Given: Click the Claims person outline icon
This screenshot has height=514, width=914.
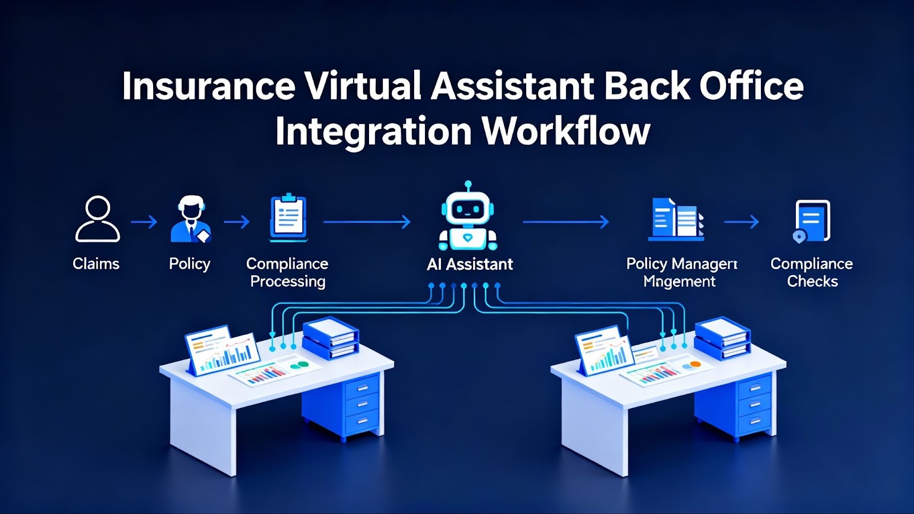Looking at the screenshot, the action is click(x=98, y=219).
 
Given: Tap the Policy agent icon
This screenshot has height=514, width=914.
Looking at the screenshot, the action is click(x=191, y=219).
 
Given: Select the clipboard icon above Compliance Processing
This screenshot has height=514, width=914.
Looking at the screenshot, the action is click(x=288, y=218).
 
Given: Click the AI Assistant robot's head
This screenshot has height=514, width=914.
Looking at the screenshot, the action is click(x=468, y=208).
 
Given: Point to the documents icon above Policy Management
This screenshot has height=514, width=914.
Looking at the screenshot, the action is click(x=676, y=218).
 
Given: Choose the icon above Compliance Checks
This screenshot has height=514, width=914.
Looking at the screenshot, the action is click(x=812, y=220).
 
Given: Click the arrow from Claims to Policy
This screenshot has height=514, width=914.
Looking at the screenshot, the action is click(x=144, y=222).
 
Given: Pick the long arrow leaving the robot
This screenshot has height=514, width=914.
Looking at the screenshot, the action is click(x=566, y=222).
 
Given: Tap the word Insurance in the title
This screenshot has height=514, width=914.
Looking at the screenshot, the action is click(x=209, y=86).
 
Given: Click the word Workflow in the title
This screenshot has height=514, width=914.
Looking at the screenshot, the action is click(x=566, y=132).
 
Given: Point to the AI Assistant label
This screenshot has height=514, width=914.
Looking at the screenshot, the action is click(x=470, y=264).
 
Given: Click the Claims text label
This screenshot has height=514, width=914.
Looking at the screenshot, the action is click(x=96, y=264).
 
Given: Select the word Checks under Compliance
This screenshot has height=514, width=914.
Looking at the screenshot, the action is click(x=812, y=281).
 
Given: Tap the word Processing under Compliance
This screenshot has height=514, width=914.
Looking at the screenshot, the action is click(x=288, y=281).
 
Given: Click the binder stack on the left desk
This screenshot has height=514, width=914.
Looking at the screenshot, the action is click(x=330, y=338).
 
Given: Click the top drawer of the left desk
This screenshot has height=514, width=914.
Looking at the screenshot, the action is click(x=362, y=387).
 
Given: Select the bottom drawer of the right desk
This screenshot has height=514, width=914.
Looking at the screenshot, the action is click(x=755, y=421).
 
